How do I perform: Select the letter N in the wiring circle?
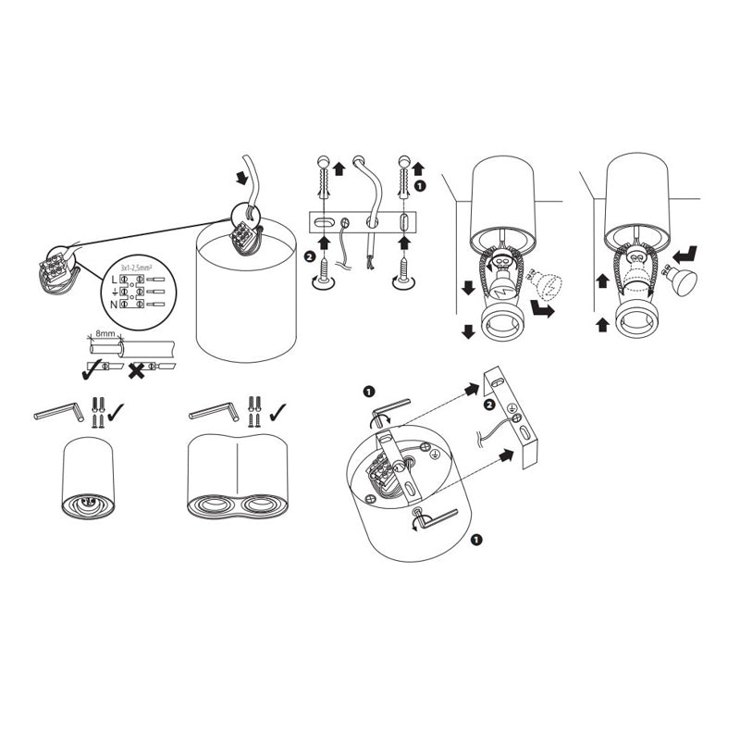click(114, 304)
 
